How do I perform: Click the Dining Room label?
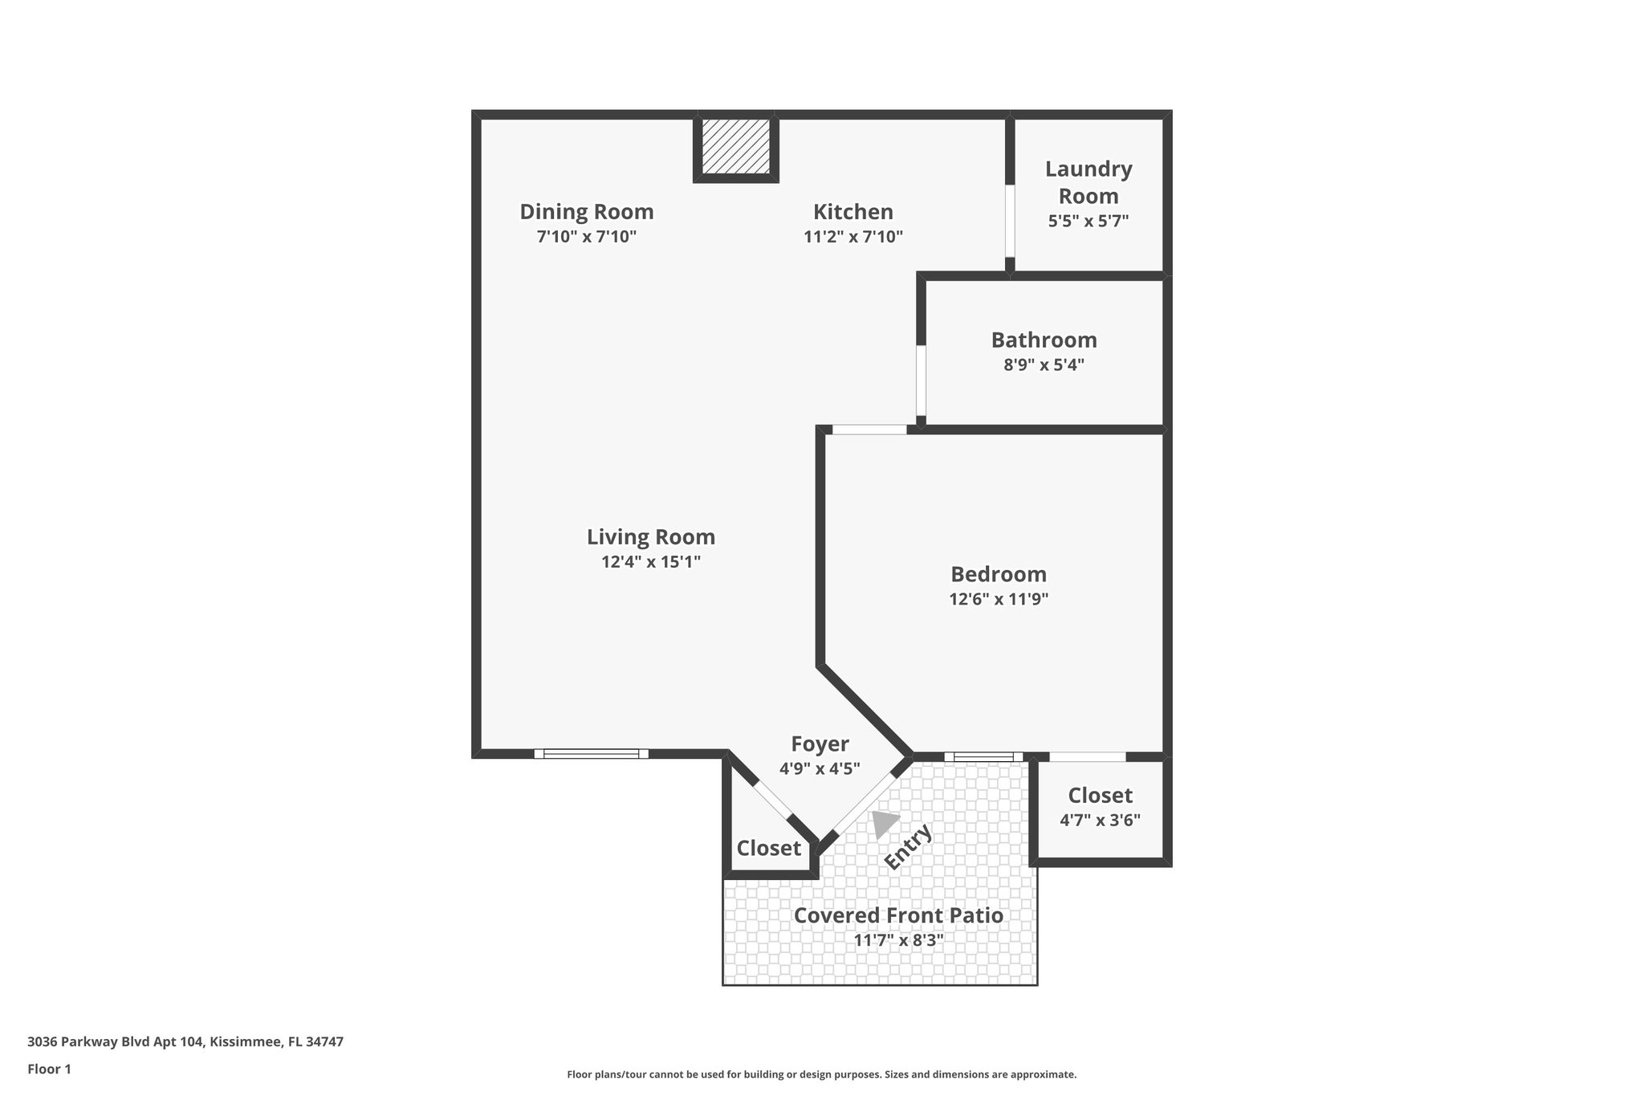(586, 212)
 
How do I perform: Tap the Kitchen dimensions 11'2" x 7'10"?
(853, 237)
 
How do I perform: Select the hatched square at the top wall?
(735, 145)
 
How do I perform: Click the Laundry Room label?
(1088, 182)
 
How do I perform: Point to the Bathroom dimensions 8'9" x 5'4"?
(1044, 365)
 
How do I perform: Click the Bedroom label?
(998, 574)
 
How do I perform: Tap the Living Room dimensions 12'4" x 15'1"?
(650, 561)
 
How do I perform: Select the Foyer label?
(819, 744)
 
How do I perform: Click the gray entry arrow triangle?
(884, 823)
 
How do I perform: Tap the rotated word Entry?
(908, 846)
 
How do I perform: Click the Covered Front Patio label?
(897, 915)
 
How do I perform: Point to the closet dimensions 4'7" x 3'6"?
(1100, 820)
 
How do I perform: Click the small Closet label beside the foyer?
(768, 848)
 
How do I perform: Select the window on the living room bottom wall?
(591, 753)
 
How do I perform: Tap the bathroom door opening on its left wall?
(921, 380)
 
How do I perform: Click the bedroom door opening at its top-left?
(869, 430)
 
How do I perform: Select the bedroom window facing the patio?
(983, 756)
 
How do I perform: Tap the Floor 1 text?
(49, 1069)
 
